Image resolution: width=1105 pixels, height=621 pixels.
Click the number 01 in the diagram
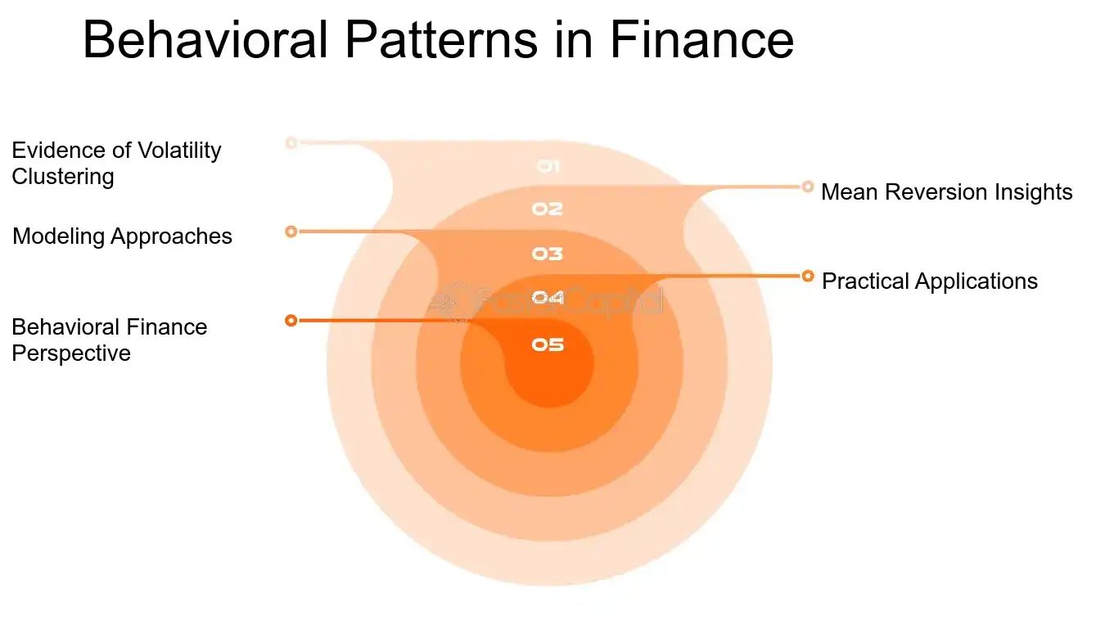(548, 166)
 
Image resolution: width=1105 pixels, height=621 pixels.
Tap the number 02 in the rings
(548, 209)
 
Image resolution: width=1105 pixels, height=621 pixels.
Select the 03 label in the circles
(548, 254)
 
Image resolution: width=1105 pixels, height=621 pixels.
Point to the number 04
(548, 298)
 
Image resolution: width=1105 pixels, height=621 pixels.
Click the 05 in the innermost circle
(548, 344)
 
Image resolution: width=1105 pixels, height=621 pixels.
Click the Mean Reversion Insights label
(946, 192)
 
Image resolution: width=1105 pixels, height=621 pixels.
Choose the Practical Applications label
(929, 281)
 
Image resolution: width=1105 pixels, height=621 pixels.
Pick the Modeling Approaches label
(122, 236)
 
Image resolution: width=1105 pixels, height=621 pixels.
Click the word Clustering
(62, 177)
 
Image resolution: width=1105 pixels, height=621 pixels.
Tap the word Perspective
(70, 353)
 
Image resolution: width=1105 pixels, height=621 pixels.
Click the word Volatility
(179, 151)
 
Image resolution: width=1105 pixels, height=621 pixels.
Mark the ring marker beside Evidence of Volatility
(291, 142)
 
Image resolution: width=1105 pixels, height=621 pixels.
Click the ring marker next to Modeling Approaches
(291, 232)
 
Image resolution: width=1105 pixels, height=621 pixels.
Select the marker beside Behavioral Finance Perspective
(291, 320)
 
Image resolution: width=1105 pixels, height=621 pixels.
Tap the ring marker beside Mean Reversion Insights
(808, 187)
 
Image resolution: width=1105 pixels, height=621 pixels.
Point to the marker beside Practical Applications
(808, 276)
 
